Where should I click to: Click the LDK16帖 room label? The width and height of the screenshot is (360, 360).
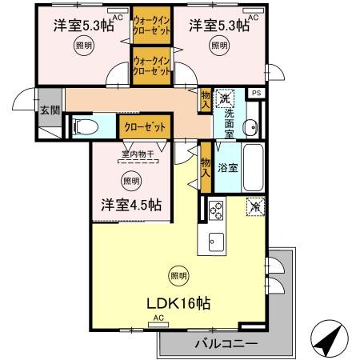[x=178, y=304]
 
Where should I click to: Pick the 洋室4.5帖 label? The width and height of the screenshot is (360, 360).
[x=131, y=204]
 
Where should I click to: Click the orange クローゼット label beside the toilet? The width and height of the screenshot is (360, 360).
[x=145, y=126]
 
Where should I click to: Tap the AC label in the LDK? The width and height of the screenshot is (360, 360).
[x=157, y=318]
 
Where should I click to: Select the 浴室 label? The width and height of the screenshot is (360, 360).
[x=227, y=168]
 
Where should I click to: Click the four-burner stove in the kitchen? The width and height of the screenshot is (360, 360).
[x=216, y=210]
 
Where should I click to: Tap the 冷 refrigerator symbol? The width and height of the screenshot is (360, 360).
[x=255, y=206]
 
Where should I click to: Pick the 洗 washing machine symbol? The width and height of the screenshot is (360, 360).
[x=226, y=98]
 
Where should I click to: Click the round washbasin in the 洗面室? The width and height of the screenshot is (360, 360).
[x=250, y=126]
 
